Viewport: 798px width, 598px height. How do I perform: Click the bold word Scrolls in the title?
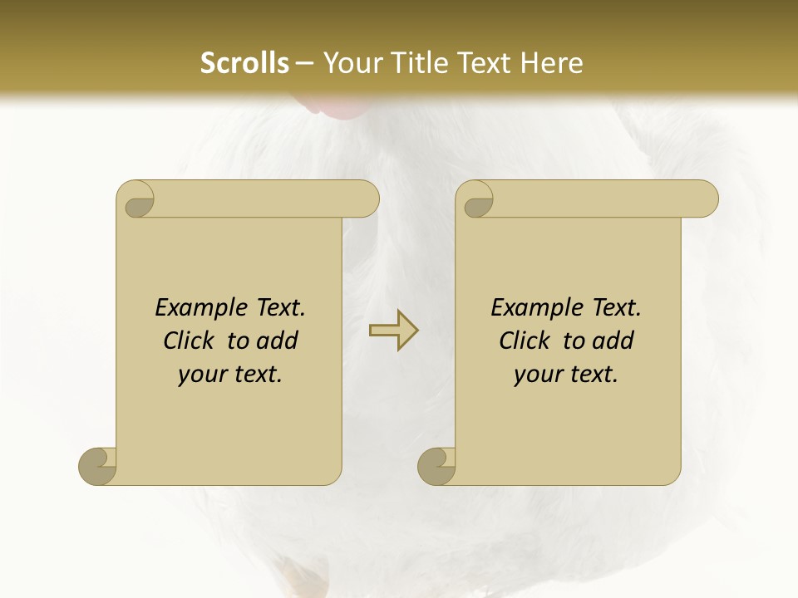(x=244, y=63)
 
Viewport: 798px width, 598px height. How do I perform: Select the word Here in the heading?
(x=551, y=63)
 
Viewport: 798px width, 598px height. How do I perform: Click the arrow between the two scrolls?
(x=393, y=331)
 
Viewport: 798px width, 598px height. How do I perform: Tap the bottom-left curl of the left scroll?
(x=97, y=466)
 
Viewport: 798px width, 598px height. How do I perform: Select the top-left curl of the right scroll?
(x=476, y=200)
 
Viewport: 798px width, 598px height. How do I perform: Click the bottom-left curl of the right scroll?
(x=436, y=466)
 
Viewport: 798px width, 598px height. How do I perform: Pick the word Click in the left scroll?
(x=188, y=341)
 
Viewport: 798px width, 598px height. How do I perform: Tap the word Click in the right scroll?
(x=524, y=341)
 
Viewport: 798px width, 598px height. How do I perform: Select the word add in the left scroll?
(x=277, y=341)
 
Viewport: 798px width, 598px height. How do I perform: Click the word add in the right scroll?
(x=613, y=341)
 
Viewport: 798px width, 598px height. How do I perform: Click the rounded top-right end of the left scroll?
(x=367, y=199)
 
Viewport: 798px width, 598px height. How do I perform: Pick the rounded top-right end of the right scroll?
(x=706, y=199)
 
